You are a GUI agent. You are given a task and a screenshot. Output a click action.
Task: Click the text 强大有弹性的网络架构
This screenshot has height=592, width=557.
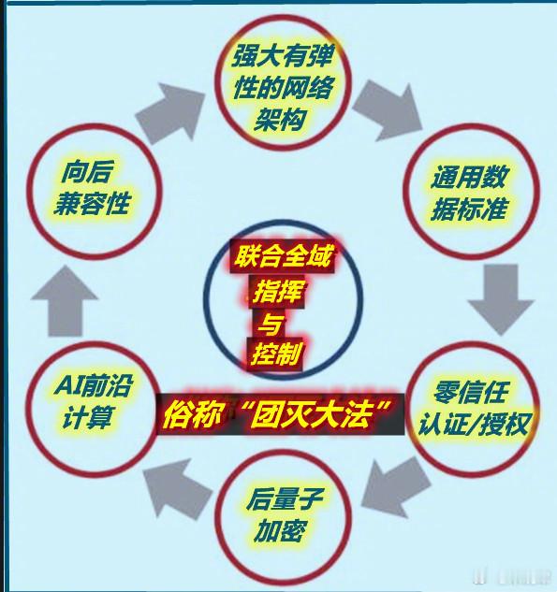click(283, 88)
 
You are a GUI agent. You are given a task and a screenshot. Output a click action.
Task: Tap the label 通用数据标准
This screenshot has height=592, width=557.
click(469, 193)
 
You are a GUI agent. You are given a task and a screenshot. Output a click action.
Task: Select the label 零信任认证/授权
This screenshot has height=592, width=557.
click(473, 409)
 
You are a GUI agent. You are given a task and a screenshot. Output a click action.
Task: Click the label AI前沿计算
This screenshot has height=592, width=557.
click(93, 401)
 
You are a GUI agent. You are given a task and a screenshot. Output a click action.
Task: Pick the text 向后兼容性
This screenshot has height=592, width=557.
click(92, 188)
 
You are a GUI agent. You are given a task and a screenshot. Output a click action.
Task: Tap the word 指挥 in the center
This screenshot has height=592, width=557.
click(277, 292)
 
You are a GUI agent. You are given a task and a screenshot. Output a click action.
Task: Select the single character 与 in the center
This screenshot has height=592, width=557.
click(271, 324)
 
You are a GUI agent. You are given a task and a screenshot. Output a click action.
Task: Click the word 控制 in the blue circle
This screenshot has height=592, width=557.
click(276, 354)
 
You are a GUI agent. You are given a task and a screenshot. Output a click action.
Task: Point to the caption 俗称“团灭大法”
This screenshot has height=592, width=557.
click(280, 413)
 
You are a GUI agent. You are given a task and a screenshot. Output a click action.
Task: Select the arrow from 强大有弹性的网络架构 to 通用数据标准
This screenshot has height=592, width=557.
click(388, 109)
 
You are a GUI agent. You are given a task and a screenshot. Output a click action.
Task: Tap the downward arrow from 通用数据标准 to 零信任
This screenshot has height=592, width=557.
click(501, 299)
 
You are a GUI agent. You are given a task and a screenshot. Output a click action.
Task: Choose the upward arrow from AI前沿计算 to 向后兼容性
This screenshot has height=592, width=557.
click(65, 300)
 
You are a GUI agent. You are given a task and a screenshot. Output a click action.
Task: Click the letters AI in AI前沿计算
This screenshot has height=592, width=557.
click(69, 385)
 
